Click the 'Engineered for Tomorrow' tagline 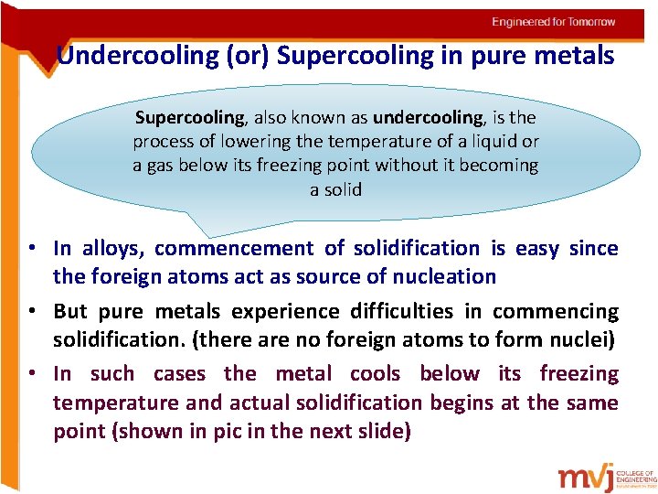click(x=554, y=22)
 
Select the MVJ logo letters click(x=586, y=477)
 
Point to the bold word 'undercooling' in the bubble click(x=428, y=117)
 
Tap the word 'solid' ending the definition click(x=343, y=190)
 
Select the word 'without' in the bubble click(x=428, y=166)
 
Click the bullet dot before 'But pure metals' click(x=31, y=311)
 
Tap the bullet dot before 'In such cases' click(x=31, y=373)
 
